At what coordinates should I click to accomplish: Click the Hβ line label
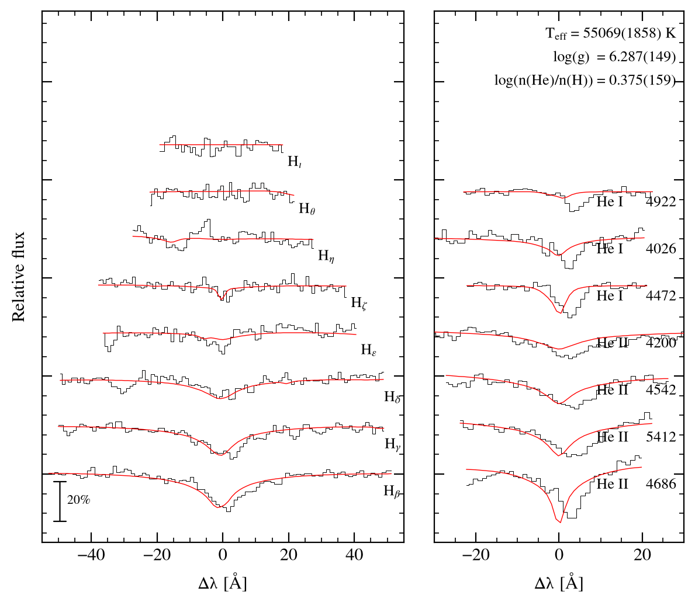click(x=392, y=492)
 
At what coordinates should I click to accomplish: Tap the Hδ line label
click(x=392, y=397)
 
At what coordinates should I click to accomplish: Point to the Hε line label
click(x=369, y=350)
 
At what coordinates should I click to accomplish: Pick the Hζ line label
click(x=359, y=303)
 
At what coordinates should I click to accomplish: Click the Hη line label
click(x=326, y=256)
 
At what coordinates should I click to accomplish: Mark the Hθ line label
click(x=307, y=208)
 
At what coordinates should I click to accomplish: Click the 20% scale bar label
click(x=78, y=500)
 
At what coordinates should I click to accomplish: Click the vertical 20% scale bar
click(x=60, y=501)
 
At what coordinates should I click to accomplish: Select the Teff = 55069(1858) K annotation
click(x=610, y=34)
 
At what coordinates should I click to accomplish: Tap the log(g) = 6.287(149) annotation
click(x=614, y=57)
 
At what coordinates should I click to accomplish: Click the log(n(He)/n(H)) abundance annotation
click(x=585, y=81)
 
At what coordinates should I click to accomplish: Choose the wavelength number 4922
click(x=661, y=201)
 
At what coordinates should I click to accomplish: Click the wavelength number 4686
click(x=661, y=484)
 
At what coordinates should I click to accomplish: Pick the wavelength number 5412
click(x=661, y=437)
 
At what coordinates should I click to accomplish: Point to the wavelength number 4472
click(x=661, y=295)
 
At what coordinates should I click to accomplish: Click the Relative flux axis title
click(x=18, y=277)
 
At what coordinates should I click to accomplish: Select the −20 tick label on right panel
click(x=475, y=555)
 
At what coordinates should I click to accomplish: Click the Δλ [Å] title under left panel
click(x=223, y=583)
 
